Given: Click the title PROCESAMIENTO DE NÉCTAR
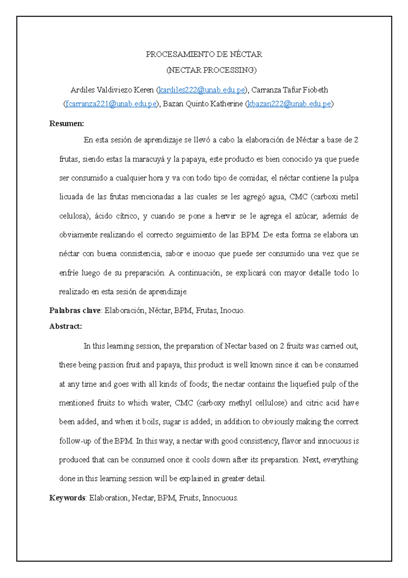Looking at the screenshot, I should [204, 54].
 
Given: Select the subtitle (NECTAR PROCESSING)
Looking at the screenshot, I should [211, 70].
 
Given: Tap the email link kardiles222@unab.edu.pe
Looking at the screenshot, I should [202, 90].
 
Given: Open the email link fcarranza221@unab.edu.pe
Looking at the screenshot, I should [111, 104].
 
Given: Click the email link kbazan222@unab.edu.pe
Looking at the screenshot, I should [289, 104].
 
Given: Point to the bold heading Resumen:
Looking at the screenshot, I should [66, 124].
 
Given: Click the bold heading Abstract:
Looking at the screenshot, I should [66, 326].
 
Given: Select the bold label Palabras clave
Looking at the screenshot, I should [75, 310].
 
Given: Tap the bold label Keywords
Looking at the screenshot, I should [67, 498].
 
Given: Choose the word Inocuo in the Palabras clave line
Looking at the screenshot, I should [232, 310].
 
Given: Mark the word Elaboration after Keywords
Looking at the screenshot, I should [109, 498].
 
